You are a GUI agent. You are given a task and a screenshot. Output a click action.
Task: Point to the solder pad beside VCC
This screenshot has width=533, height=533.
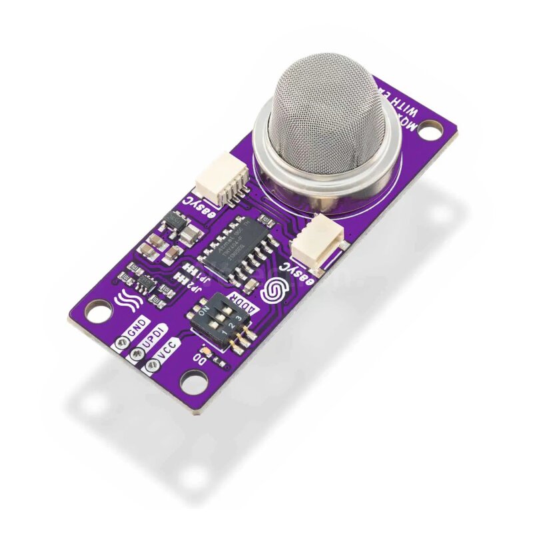point(153,365)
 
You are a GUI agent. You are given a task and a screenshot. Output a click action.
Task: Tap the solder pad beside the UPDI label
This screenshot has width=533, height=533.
point(138,354)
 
